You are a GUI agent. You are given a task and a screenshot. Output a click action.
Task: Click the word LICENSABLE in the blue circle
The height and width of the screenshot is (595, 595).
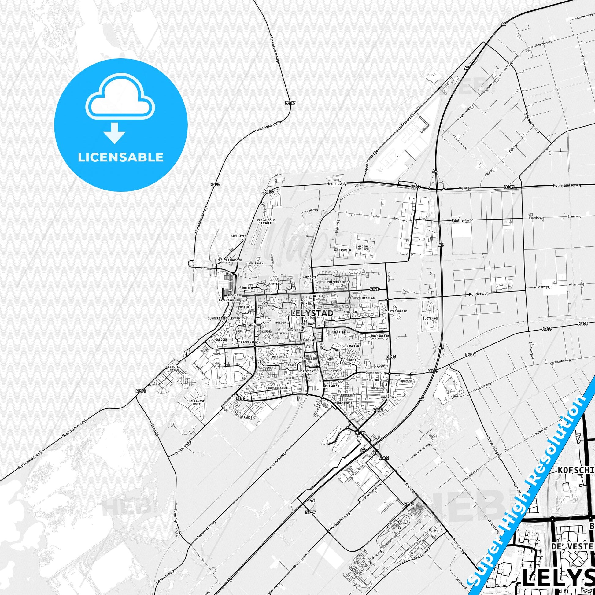120,157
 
